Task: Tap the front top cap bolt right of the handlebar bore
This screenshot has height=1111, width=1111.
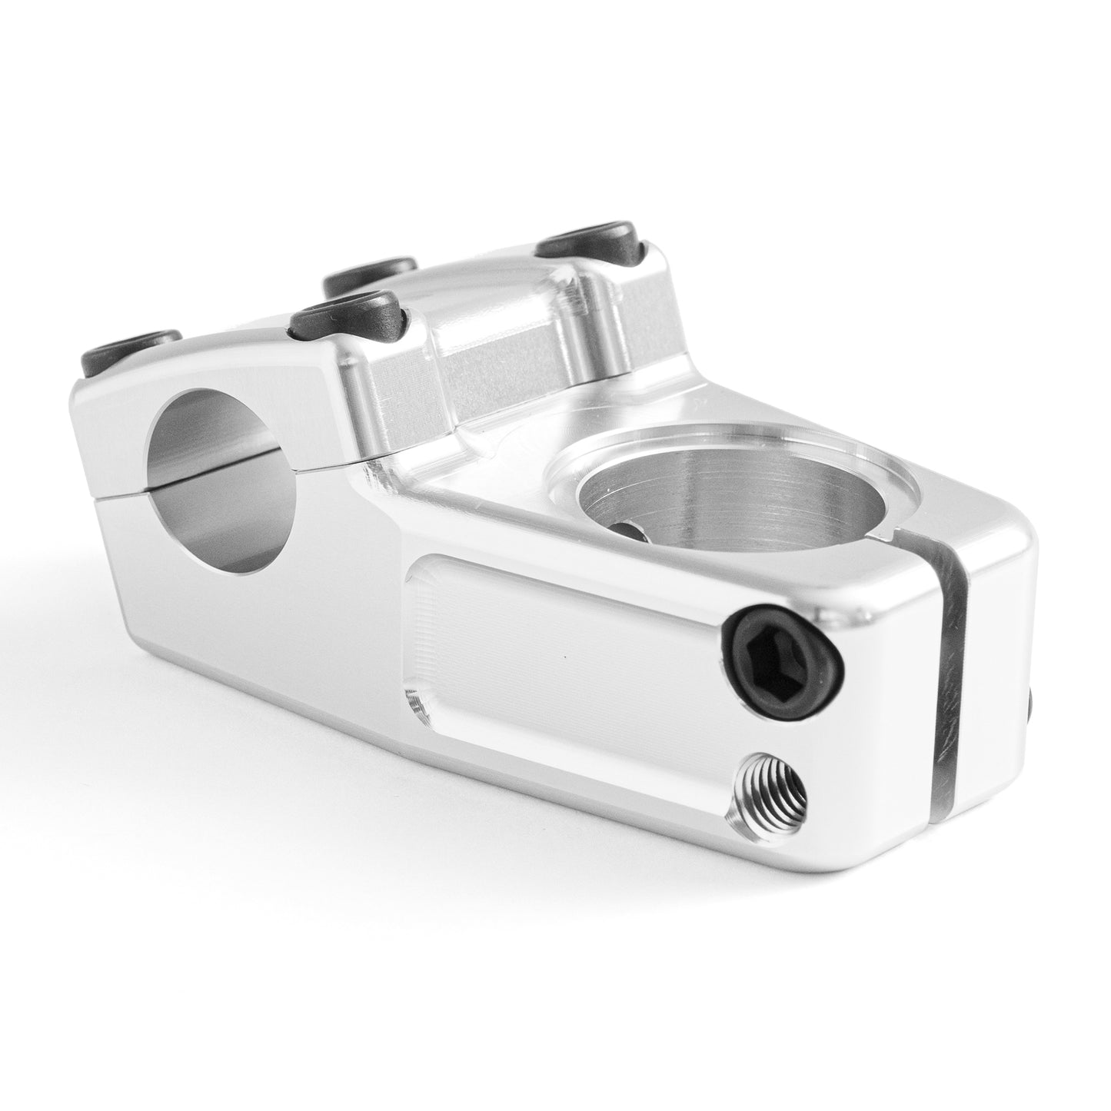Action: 348,314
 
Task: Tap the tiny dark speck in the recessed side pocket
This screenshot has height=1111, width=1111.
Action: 567,659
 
